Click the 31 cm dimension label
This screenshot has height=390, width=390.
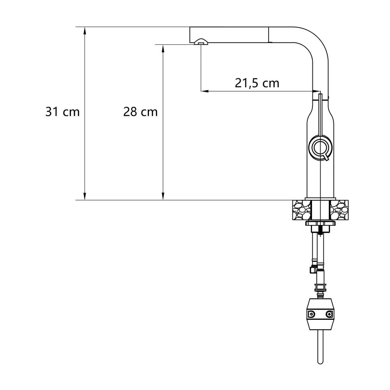pos(62,112)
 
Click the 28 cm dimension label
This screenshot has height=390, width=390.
pos(140,112)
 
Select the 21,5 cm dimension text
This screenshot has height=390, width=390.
pos(257,83)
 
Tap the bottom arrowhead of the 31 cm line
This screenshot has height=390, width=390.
pos(85,196)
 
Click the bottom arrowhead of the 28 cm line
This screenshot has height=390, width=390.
pos(163,196)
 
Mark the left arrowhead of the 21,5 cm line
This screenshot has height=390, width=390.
pos(205,91)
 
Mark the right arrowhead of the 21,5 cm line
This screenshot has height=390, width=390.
pos(316,91)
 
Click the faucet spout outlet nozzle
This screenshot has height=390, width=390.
pos(201,42)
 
